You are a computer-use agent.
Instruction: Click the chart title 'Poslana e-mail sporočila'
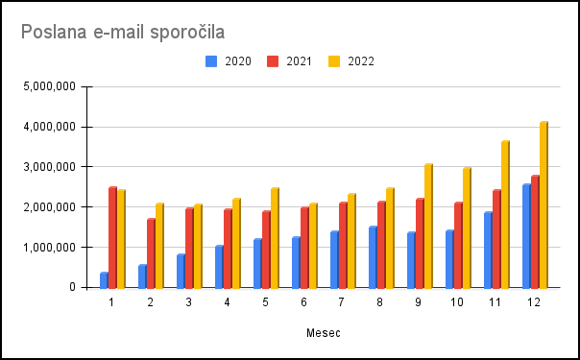(x=123, y=32)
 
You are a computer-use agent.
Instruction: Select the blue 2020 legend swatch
(x=211, y=61)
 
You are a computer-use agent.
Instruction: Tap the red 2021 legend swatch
(x=273, y=61)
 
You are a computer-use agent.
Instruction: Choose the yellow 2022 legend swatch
(x=334, y=61)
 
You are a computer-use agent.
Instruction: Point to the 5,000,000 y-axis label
(x=49, y=86)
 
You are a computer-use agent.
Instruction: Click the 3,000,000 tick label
(x=49, y=167)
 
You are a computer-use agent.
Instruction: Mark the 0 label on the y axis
(x=72, y=287)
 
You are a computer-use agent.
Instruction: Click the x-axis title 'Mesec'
(x=324, y=333)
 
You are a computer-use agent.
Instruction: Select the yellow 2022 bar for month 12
(x=544, y=204)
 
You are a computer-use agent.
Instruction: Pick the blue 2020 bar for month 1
(x=105, y=280)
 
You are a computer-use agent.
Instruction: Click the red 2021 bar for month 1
(x=112, y=238)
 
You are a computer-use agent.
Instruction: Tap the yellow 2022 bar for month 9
(x=428, y=226)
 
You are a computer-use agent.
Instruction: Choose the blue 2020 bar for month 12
(x=527, y=236)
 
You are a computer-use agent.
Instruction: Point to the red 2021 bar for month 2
(x=152, y=253)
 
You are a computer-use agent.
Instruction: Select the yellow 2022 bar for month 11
(x=505, y=214)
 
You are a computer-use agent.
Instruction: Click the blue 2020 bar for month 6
(x=297, y=262)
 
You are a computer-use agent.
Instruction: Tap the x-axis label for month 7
(x=341, y=302)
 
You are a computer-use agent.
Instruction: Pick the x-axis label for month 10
(x=456, y=302)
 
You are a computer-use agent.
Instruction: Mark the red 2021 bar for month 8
(x=382, y=245)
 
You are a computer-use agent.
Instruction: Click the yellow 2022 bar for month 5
(x=275, y=238)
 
